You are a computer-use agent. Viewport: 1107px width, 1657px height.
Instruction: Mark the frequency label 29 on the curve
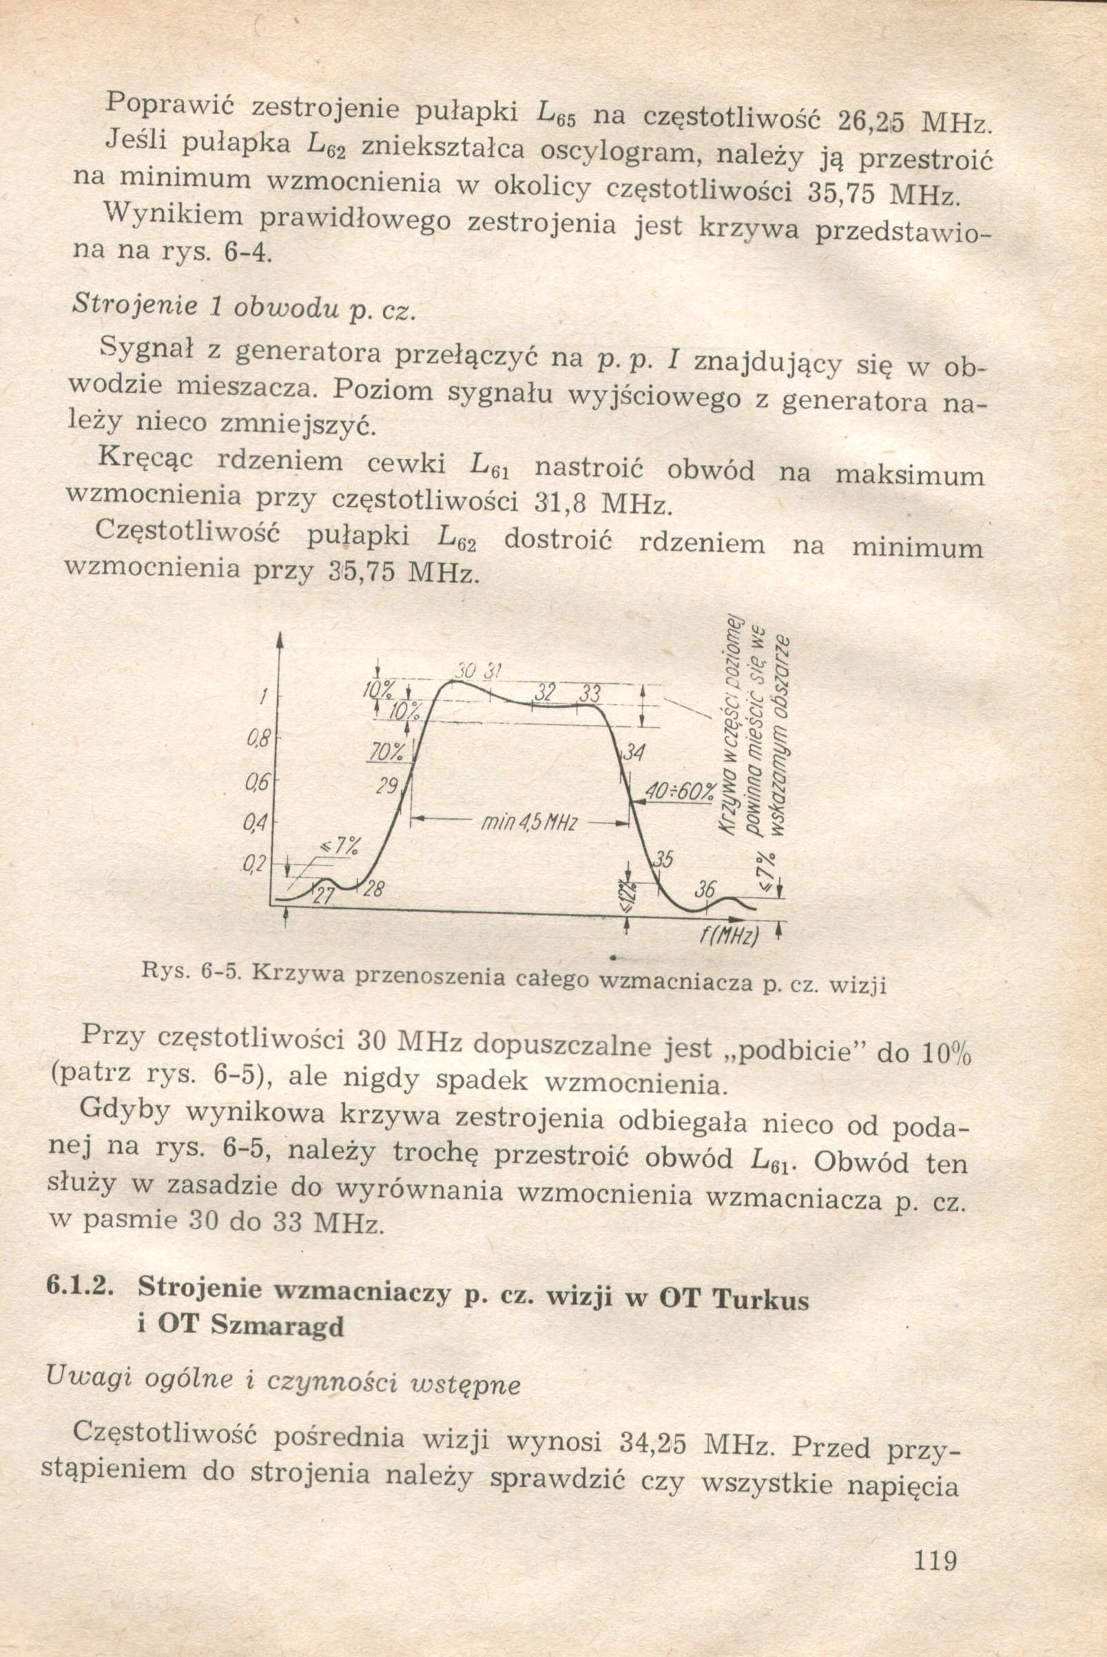click(x=388, y=785)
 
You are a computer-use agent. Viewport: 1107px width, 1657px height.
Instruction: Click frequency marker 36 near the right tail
click(x=705, y=889)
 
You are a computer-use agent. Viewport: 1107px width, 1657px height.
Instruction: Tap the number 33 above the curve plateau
click(x=589, y=695)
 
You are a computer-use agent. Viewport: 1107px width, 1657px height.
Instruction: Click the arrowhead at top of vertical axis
click(x=280, y=640)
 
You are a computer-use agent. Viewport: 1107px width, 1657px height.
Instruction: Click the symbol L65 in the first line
click(x=557, y=113)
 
